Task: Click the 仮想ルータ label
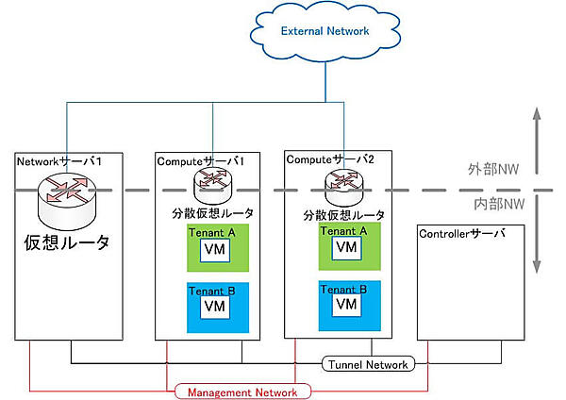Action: pos(66,242)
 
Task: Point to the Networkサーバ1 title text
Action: pos(58,162)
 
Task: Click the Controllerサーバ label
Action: pos(462,233)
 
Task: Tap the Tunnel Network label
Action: pos(368,364)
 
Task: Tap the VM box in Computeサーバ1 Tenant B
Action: pos(214,308)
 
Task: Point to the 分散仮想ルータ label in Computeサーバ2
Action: pos(343,214)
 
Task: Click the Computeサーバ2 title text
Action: pos(329,161)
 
